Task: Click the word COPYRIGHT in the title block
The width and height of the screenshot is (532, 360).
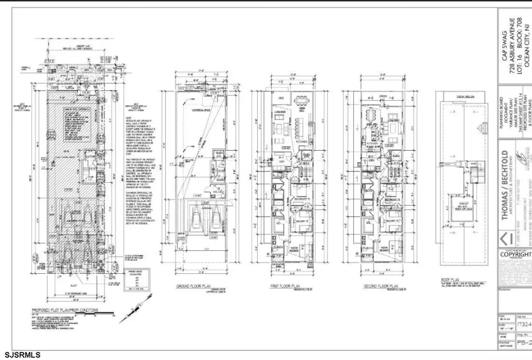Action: coord(515,255)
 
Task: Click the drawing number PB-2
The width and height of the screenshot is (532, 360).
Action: coord(523,343)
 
